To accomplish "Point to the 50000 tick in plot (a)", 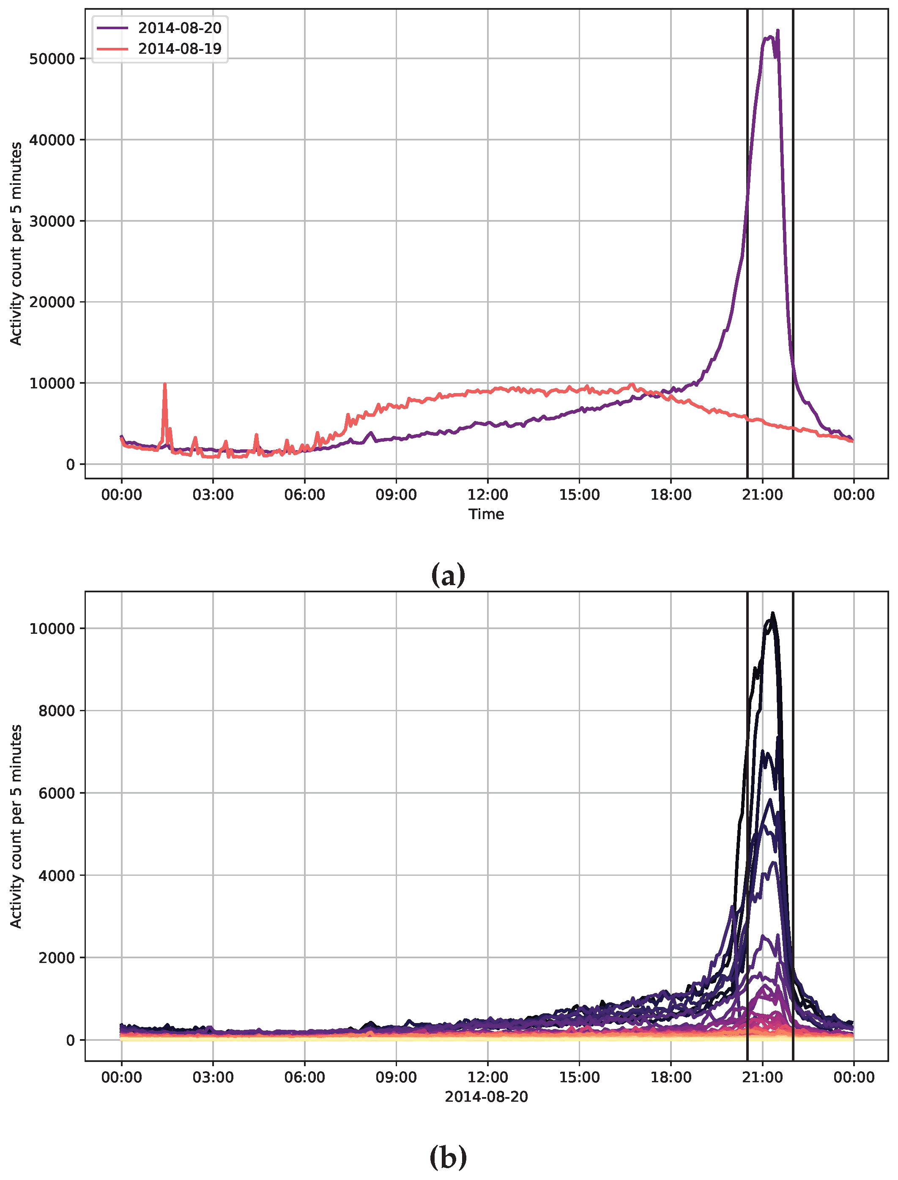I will point(52,59).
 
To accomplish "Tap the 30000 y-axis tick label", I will point(52,221).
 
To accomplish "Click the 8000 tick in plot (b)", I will point(56,711).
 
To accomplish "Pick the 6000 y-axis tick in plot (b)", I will point(56,793).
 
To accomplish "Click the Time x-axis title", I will point(486,514).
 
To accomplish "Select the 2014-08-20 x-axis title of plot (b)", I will point(486,1097).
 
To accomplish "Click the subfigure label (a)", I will point(448,575).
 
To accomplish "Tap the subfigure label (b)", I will point(448,1158).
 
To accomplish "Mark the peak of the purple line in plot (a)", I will point(778,31).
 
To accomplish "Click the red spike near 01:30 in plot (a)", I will point(164,384).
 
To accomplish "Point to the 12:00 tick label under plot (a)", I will point(487,495).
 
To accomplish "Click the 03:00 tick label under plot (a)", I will point(213,495).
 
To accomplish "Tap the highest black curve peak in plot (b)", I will point(772,614).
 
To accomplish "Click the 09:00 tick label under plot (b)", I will point(396,1077).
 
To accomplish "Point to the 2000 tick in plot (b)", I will point(56,958).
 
